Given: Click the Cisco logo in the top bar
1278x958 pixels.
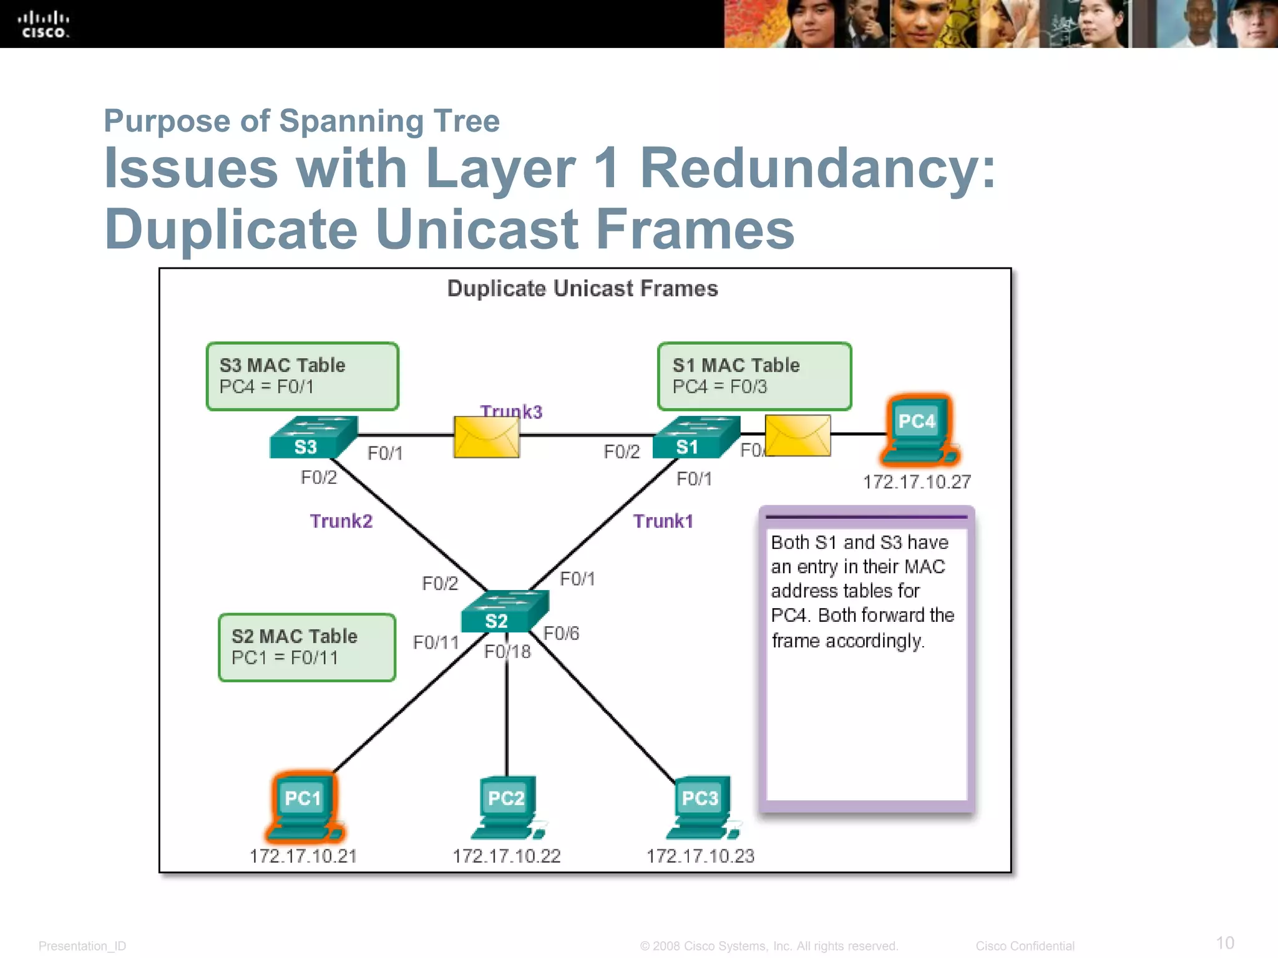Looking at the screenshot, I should (x=44, y=25).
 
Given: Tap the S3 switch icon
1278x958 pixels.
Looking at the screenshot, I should (x=313, y=438).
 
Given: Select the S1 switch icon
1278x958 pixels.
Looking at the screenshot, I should (x=695, y=438).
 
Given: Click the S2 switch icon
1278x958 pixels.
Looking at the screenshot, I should (x=504, y=612).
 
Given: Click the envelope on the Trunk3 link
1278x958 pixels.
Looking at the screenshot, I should (x=486, y=437).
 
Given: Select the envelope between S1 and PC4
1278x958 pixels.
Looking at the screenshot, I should (x=798, y=435).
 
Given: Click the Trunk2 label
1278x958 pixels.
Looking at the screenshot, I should (x=341, y=521).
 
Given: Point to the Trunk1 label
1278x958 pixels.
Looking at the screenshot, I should (x=663, y=521).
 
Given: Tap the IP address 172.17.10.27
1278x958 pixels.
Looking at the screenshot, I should (x=917, y=481).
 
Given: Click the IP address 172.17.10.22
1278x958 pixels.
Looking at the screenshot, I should (x=506, y=856).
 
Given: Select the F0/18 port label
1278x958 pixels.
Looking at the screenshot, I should (x=507, y=652).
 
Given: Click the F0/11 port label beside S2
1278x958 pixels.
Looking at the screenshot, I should (x=436, y=642).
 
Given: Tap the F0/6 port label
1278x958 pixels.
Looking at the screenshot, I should (x=561, y=634).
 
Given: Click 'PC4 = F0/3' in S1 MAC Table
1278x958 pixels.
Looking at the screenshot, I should (x=719, y=387).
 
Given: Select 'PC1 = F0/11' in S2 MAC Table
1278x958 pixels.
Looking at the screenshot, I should (x=285, y=657).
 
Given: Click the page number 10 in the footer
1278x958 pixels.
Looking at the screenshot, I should (x=1224, y=942).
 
